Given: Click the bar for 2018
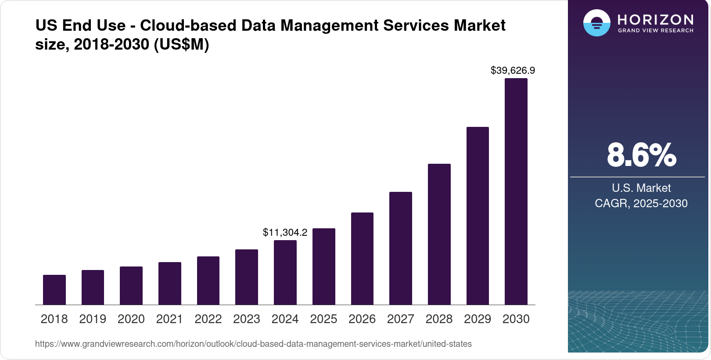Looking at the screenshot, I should pos(54,290).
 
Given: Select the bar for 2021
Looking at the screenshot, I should pos(170,283).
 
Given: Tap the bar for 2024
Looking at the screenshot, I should pos(285,272).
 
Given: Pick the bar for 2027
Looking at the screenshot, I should pos(401,248).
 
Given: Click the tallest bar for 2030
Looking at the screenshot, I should pos(516,191).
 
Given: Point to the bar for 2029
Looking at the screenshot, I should pos(478,216).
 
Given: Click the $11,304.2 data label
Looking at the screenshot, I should pos(285,232).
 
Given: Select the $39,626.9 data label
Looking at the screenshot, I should pos(513,70).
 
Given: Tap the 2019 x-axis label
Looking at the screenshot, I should pos(93,319).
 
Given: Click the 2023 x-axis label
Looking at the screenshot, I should pos(247,319).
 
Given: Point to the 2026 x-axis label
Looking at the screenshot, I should pos(362,319).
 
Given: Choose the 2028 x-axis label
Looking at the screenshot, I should pos(439,319).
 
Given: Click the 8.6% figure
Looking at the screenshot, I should pos(641,155).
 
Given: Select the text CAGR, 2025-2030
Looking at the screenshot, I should pos(641,203).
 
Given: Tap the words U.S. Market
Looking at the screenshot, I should pos(641,188).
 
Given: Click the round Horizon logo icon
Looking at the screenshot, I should pos(596,23).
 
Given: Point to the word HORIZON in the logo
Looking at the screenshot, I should pos(655,19).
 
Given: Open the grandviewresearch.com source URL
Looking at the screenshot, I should pos(253,344).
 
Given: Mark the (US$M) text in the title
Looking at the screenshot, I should pos(181,44).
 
